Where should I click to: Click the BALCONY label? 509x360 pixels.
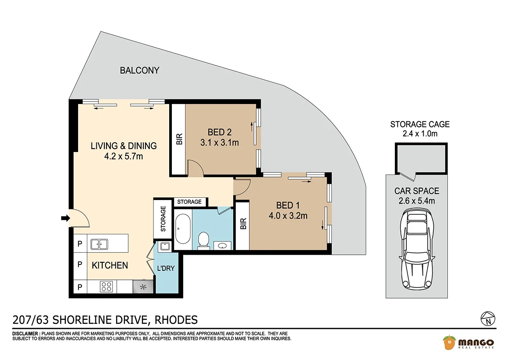tap(140, 70)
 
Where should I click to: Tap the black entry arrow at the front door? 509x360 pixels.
tap(65, 218)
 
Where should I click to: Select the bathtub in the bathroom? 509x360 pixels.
tap(183, 229)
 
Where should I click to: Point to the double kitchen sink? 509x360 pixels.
tap(99, 245)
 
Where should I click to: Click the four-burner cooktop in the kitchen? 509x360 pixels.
tap(106, 287)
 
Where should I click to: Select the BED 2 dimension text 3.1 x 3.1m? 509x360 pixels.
tap(220, 143)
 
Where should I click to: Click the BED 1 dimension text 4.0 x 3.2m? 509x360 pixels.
tap(288, 216)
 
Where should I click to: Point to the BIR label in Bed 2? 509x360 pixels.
tap(179, 139)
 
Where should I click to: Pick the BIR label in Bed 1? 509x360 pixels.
tap(243, 224)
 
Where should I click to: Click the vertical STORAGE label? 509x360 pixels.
tap(163, 219)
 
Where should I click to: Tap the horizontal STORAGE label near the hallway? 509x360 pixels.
tap(189, 202)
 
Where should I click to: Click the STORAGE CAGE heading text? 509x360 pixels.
tap(420, 124)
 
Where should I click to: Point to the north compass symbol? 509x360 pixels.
tap(488, 319)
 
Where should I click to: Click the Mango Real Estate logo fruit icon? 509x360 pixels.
tap(449, 342)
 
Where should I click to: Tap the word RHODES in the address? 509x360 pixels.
tap(176, 320)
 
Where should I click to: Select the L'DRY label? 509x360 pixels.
tap(166, 268)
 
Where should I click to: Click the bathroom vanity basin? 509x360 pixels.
tap(222, 246)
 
